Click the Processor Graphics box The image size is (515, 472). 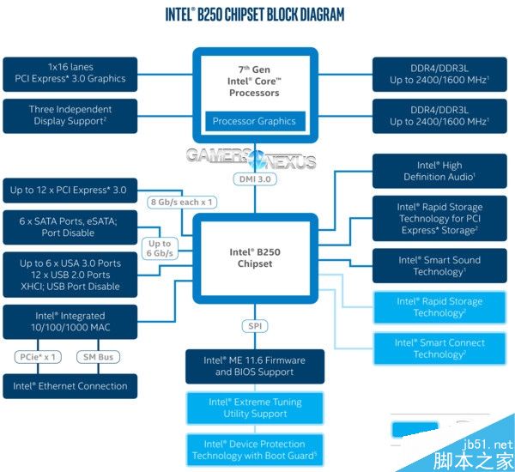pyautogui.click(x=253, y=121)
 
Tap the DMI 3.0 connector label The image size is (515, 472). pyautogui.click(x=254, y=179)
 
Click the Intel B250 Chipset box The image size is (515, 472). pyautogui.click(x=253, y=257)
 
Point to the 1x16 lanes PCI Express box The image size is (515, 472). pyautogui.click(x=70, y=73)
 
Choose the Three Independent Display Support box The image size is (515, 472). pyautogui.click(x=70, y=115)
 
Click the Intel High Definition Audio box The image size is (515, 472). pyautogui.click(x=433, y=171)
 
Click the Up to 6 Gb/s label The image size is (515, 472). pyautogui.click(x=160, y=249)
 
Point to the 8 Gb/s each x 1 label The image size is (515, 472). pyautogui.click(x=182, y=201)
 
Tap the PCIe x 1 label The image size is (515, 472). pyautogui.click(x=39, y=356)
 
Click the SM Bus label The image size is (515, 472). pyautogui.click(x=99, y=356)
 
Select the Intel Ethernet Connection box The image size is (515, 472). pyautogui.click(x=70, y=386)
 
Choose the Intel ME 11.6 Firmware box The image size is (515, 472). pyautogui.click(x=254, y=366)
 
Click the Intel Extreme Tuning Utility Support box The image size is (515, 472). pyautogui.click(x=254, y=408)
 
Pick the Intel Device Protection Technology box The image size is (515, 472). pyautogui.click(x=254, y=450)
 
